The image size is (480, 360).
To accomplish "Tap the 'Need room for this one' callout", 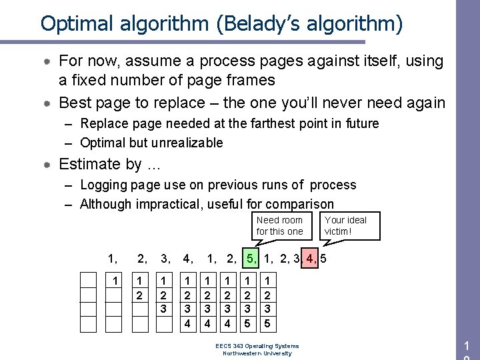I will tap(279, 225).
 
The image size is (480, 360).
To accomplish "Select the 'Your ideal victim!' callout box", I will tap(345, 225).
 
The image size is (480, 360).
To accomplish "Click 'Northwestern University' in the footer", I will tap(257, 353).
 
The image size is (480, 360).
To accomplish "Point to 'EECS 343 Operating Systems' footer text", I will tap(257, 346).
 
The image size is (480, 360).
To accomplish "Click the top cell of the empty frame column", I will tap(89, 279).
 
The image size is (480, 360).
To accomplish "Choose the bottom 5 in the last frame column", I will tap(267, 323).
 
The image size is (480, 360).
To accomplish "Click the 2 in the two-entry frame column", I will tap(140, 293).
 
